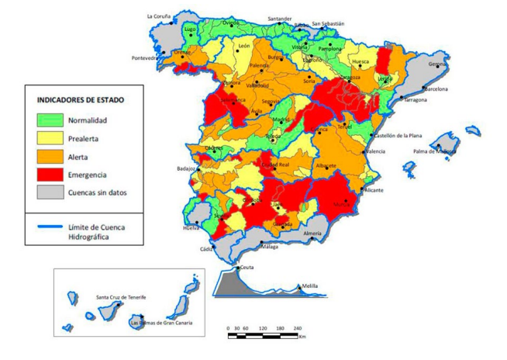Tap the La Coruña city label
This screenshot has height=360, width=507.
(160, 16)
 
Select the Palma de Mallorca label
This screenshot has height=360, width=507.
(434, 151)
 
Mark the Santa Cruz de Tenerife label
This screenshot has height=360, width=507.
(122, 297)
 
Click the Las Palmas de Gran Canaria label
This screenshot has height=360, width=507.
(161, 322)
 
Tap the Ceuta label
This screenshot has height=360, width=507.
(247, 267)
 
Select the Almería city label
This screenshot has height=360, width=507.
(312, 233)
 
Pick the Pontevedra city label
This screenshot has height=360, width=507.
(145, 57)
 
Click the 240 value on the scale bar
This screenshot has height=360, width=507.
(298, 329)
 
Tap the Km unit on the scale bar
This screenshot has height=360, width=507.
(302, 337)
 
